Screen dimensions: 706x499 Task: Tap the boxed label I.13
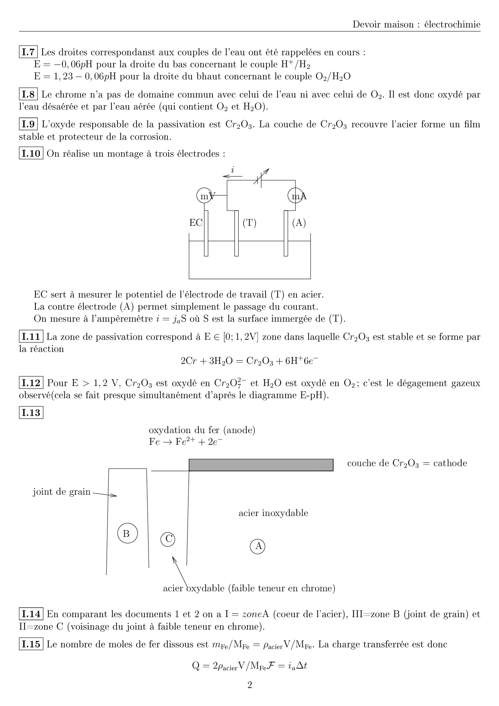[x=31, y=413]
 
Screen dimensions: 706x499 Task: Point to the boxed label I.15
[x=31, y=644]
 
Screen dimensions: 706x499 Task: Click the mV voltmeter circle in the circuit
[x=204, y=196]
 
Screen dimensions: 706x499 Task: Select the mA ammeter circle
[x=295, y=196]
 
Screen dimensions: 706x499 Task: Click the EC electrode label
[x=196, y=223]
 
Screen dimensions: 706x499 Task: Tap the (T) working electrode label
[x=249, y=223]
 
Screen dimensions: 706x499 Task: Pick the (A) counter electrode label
[x=299, y=223]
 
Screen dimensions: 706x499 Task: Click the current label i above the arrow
[x=233, y=169]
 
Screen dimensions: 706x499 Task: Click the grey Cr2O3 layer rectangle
[x=261, y=464]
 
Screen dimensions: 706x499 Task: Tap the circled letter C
[x=168, y=539]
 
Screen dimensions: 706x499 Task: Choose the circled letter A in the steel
[x=258, y=546]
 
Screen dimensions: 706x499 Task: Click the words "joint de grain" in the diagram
[x=62, y=492]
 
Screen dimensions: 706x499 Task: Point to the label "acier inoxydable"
[x=273, y=513]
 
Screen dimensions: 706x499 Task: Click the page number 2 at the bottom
[x=249, y=685]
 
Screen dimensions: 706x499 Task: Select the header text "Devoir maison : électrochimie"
[x=417, y=25]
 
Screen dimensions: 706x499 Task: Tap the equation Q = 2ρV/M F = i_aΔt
[x=249, y=666]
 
